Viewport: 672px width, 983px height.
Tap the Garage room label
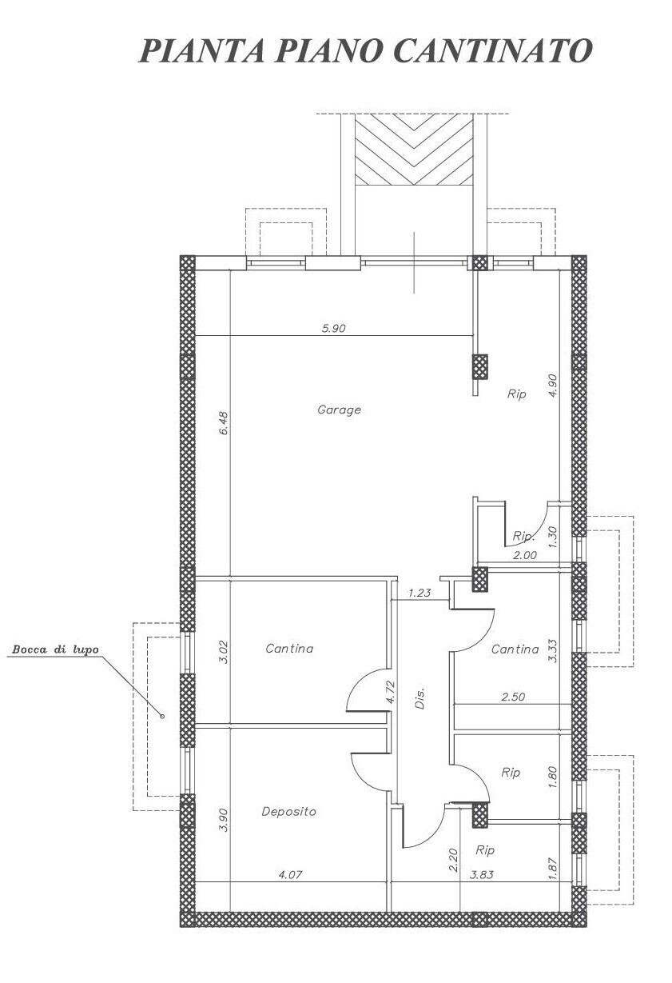339,410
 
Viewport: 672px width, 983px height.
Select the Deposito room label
289,811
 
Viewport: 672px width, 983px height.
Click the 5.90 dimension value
333,328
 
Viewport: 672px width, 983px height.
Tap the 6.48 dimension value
223,422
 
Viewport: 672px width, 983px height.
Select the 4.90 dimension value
552,385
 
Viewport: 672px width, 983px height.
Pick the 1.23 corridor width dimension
420,593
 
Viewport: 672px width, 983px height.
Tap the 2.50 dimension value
513,697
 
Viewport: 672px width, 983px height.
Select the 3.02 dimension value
223,653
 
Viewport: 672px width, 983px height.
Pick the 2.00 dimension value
525,555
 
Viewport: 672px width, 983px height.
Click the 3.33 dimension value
552,651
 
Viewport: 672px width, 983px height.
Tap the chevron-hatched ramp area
414,150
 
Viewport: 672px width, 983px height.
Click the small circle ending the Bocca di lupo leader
162,716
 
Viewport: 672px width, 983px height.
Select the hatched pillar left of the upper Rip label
479,366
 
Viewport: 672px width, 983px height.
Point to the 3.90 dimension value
223,819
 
